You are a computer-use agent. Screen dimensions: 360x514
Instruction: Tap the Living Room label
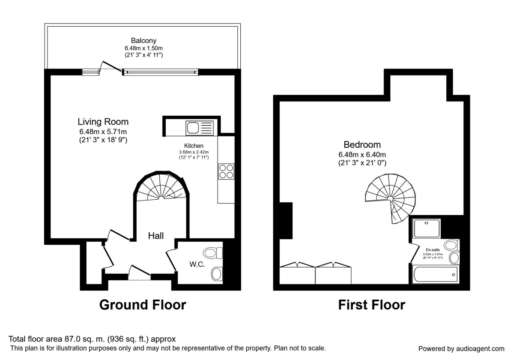tap(103, 122)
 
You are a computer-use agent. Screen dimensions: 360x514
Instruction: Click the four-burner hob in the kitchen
tap(226, 171)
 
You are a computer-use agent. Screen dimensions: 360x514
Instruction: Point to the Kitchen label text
tap(194, 146)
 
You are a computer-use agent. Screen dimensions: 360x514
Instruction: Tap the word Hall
tap(156, 236)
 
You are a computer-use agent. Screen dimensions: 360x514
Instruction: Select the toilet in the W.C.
tap(213, 253)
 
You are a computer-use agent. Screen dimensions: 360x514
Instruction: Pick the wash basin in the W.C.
tap(217, 273)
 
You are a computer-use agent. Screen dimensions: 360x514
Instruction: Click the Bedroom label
tap(362, 145)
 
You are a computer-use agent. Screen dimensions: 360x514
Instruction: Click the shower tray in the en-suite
tap(427, 228)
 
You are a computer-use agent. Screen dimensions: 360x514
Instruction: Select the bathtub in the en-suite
tap(435, 274)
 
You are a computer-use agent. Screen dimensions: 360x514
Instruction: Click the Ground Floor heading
tap(143, 305)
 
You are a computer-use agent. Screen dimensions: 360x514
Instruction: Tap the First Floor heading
tap(371, 305)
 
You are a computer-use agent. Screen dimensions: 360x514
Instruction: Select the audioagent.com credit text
tap(461, 348)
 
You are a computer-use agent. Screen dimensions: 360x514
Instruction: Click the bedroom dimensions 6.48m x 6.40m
tap(362, 154)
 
